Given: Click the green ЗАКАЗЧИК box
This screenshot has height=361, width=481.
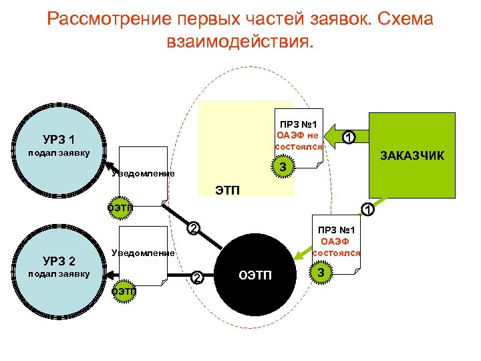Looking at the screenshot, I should point(411,155).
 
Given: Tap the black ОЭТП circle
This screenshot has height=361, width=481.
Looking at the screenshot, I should point(255,275).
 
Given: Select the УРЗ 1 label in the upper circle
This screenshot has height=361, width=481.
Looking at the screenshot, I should point(58,140).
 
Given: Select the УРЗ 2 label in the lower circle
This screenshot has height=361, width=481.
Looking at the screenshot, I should point(58,260).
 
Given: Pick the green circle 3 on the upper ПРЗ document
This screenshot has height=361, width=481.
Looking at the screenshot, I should point(283,166).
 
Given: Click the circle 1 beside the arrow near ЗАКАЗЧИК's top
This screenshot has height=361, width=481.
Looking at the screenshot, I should point(347,137).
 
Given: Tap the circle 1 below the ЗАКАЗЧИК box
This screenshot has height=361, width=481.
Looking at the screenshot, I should point(366,211).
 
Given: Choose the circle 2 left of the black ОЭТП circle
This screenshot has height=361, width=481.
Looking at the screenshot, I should point(196,277).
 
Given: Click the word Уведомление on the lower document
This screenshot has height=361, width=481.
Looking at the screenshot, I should point(142,253).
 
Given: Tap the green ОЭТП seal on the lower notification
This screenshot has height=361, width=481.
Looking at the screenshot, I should point(122,291).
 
